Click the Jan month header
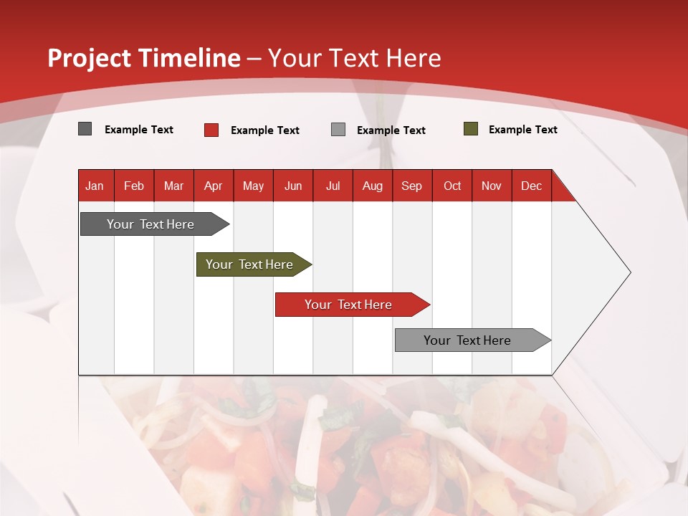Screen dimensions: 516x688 tap(95, 186)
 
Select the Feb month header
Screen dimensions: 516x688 tap(134, 186)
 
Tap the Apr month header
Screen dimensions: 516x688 tap(214, 186)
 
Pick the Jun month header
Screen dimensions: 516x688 tap(293, 186)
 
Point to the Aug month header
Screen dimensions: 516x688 tap(373, 186)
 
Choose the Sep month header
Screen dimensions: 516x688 tap(412, 186)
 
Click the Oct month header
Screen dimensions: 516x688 tap(452, 186)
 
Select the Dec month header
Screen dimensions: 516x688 tap(532, 186)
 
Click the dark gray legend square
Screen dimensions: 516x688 tap(85, 129)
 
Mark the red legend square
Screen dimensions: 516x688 tap(211, 130)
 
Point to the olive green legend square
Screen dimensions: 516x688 tap(471, 129)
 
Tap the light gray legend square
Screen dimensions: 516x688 tap(338, 130)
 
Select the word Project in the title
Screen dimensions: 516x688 tap(90, 58)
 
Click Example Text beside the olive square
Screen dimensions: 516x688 tap(522, 130)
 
